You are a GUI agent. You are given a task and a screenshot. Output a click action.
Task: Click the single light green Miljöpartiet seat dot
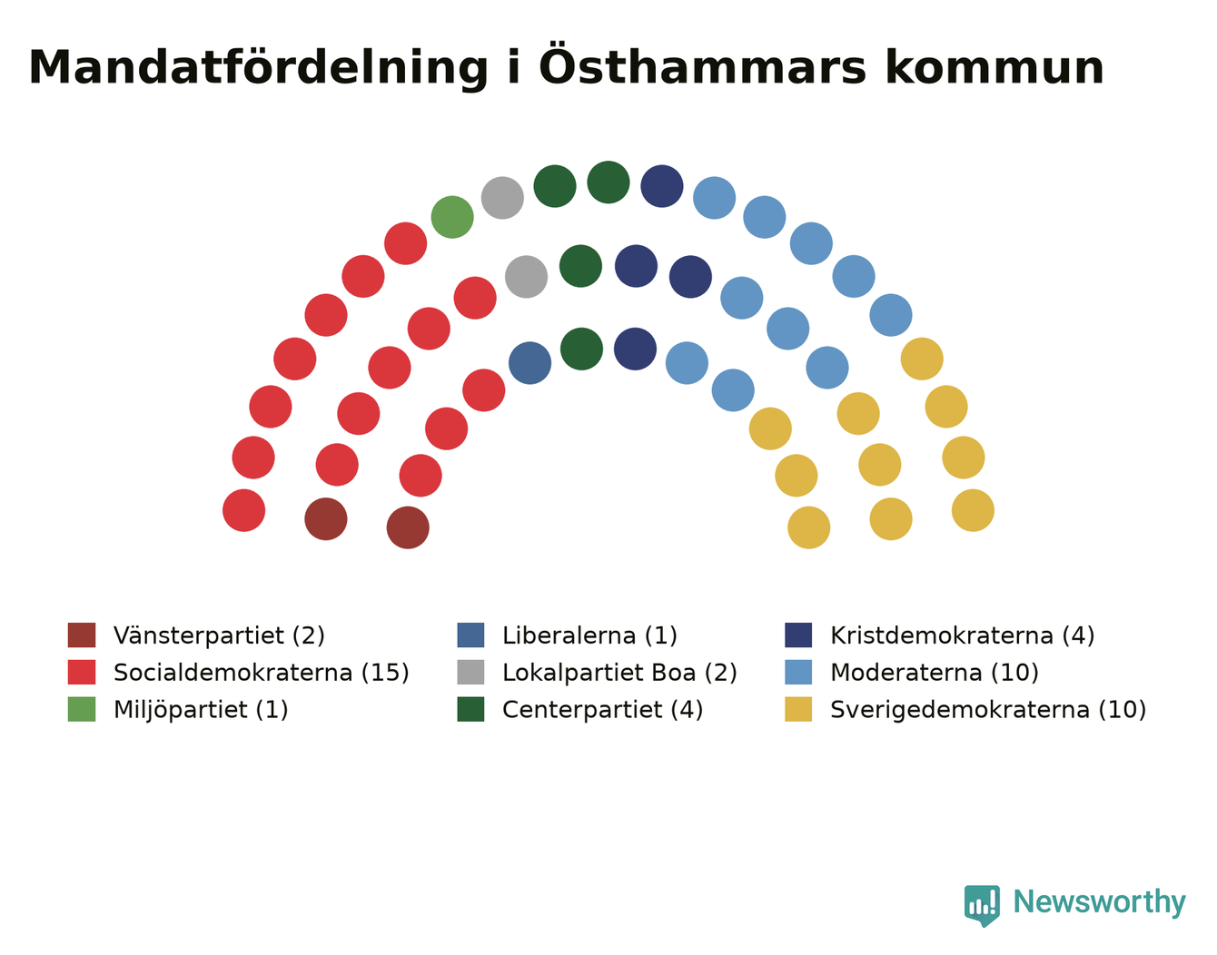(x=452, y=217)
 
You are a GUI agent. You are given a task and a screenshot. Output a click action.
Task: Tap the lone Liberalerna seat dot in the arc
(x=529, y=363)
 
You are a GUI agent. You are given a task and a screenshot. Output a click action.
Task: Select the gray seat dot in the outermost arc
(x=502, y=198)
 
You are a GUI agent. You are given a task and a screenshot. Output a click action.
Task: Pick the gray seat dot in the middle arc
(x=526, y=277)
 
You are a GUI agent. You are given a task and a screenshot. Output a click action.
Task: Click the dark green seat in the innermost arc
(x=581, y=349)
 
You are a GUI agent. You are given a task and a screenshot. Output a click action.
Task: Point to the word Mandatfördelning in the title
(x=258, y=68)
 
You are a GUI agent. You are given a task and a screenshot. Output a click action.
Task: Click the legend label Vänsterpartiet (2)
(x=219, y=636)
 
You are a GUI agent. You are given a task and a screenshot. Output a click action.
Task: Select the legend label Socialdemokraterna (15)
(x=261, y=673)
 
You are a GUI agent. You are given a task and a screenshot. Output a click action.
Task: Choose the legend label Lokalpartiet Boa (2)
(x=619, y=673)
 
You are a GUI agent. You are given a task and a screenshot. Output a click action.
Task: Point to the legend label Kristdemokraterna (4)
(x=962, y=636)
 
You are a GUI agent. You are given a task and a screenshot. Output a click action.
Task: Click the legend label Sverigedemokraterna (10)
(x=988, y=710)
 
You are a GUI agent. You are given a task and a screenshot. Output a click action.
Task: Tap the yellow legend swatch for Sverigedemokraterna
(x=798, y=709)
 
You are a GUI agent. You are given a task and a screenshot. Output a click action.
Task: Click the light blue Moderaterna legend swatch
(x=798, y=673)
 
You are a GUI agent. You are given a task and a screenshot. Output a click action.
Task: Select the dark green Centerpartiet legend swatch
(x=470, y=709)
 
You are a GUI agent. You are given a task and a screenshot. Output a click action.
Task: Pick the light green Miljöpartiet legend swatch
(x=82, y=709)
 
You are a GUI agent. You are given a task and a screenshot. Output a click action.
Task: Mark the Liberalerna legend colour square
(x=470, y=635)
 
